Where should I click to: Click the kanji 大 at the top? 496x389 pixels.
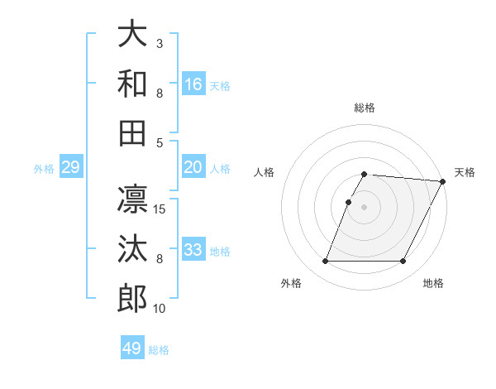click(132, 34)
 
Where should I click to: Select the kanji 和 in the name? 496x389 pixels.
click(132, 84)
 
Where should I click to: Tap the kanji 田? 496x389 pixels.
click(132, 133)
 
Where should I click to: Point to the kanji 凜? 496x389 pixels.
click(132, 199)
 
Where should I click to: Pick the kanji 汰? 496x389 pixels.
click(132, 249)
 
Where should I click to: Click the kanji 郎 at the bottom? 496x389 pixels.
click(132, 299)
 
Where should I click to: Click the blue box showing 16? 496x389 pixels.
click(193, 84)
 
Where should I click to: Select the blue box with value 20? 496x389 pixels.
click(193, 167)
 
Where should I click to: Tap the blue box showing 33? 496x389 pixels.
click(193, 250)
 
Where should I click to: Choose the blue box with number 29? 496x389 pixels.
click(70, 168)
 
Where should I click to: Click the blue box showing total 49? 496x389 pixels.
click(132, 348)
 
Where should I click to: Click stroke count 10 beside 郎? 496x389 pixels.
click(160, 309)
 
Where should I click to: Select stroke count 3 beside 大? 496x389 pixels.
click(160, 43)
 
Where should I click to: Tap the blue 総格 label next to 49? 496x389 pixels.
click(159, 350)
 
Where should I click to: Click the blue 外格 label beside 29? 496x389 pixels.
click(44, 169)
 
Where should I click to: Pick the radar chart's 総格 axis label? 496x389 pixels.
click(365, 108)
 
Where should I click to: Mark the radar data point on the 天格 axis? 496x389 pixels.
click(443, 181)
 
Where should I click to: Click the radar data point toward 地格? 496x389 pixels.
click(403, 262)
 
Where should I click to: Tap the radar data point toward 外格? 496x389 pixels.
click(325, 262)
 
